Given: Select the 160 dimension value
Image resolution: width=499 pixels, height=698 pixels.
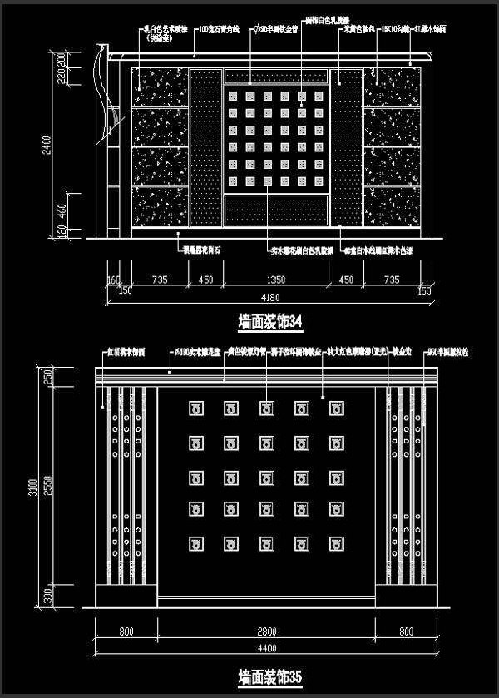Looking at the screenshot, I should click(114, 280).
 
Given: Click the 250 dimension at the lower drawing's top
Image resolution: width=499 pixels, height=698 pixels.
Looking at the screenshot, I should click(48, 376).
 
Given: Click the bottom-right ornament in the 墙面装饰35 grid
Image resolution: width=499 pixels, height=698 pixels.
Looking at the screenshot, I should click(337, 546).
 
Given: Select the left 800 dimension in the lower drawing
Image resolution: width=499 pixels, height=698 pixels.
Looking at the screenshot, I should click(126, 632).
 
